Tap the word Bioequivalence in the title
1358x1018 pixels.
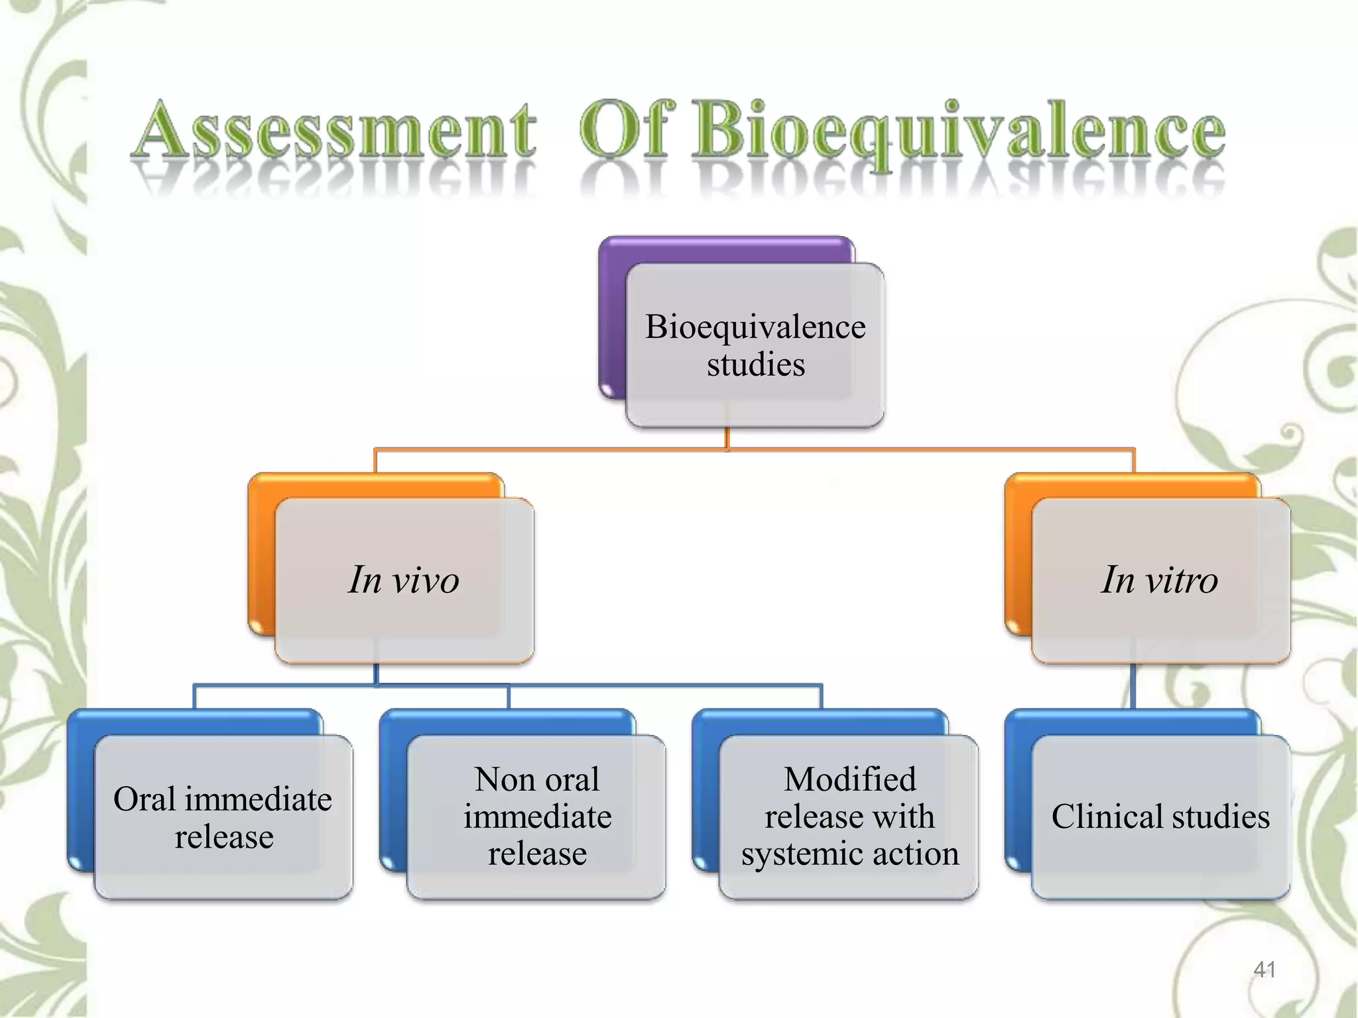(958, 131)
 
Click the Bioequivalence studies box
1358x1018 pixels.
(755, 345)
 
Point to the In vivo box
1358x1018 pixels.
(404, 580)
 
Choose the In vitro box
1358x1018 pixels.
(1160, 580)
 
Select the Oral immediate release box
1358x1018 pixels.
(223, 817)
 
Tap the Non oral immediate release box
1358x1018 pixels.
(536, 817)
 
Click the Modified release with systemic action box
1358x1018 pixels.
(849, 817)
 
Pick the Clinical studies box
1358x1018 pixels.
(1160, 817)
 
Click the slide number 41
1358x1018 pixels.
(1265, 970)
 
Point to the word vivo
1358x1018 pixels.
(426, 581)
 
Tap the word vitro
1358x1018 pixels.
(1182, 581)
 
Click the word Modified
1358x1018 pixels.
(849, 779)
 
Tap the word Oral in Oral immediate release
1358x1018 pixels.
(144, 799)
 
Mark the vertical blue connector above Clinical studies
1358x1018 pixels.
(1133, 686)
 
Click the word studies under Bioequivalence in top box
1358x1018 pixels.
(756, 365)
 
